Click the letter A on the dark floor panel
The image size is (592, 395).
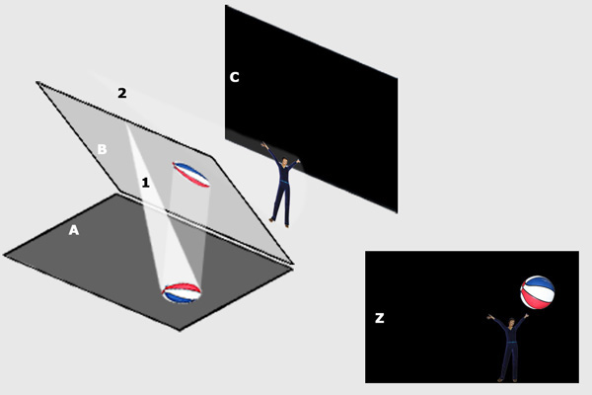tap(74, 230)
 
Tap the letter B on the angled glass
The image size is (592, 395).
tap(102, 149)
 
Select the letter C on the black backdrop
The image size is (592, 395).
tap(235, 77)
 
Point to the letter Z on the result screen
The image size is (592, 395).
tap(380, 318)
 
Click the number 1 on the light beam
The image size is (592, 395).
tap(145, 183)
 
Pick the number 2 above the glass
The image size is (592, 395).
tap(122, 93)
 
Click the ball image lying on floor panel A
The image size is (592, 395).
tap(182, 293)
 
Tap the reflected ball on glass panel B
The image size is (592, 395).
tap(191, 174)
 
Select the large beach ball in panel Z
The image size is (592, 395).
tap(538, 292)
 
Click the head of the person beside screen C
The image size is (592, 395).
tap(285, 162)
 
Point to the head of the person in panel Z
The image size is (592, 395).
tap(511, 323)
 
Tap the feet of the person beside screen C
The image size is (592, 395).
tap(279, 223)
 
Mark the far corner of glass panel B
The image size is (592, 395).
tap(37, 82)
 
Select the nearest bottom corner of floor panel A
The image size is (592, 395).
tap(180, 330)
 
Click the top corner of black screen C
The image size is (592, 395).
tap(226, 6)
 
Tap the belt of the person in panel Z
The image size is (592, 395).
tap(511, 343)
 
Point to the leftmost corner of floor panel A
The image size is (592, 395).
tap(4, 255)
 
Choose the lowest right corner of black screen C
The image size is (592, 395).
tap(397, 212)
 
